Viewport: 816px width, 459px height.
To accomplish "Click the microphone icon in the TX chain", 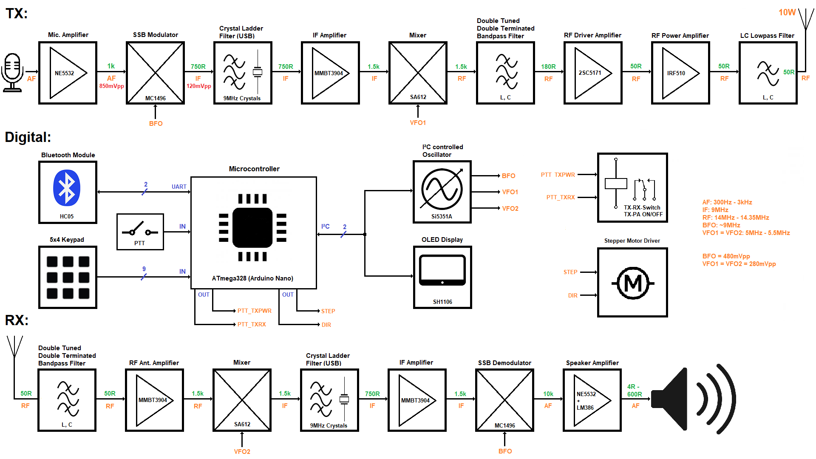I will [x=13, y=72].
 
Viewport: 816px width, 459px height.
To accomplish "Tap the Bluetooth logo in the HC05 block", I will [x=67, y=188].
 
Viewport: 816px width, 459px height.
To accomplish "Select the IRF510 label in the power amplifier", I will [x=676, y=73].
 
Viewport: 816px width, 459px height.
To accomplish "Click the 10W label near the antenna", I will [x=787, y=13].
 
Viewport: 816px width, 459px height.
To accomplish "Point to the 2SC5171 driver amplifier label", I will [x=589, y=73].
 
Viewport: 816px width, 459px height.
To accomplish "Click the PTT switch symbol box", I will [x=140, y=232].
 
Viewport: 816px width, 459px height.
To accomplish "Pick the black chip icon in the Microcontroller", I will [x=252, y=227].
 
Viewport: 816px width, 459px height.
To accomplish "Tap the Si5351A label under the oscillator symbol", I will [x=442, y=216].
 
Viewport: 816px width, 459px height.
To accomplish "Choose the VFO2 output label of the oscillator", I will [x=510, y=209].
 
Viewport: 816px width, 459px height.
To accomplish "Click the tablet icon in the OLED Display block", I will [x=442, y=270].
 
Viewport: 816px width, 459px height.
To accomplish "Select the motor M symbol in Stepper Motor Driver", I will [x=633, y=283].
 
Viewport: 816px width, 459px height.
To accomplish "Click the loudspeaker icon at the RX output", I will [x=693, y=399].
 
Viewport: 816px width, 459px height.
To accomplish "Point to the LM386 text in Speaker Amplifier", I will [x=585, y=408].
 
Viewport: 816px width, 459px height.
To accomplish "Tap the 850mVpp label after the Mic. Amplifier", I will [x=111, y=86].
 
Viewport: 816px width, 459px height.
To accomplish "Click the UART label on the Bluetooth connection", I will [x=179, y=187].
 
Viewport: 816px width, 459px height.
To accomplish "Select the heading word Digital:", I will [x=28, y=137].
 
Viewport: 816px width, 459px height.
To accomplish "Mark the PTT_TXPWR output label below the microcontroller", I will [x=254, y=311].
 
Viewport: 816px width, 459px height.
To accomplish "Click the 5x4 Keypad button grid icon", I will [x=68, y=277].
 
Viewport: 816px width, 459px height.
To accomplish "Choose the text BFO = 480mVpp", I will [x=726, y=256].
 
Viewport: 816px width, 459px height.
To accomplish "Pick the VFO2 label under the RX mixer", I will [x=242, y=451].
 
